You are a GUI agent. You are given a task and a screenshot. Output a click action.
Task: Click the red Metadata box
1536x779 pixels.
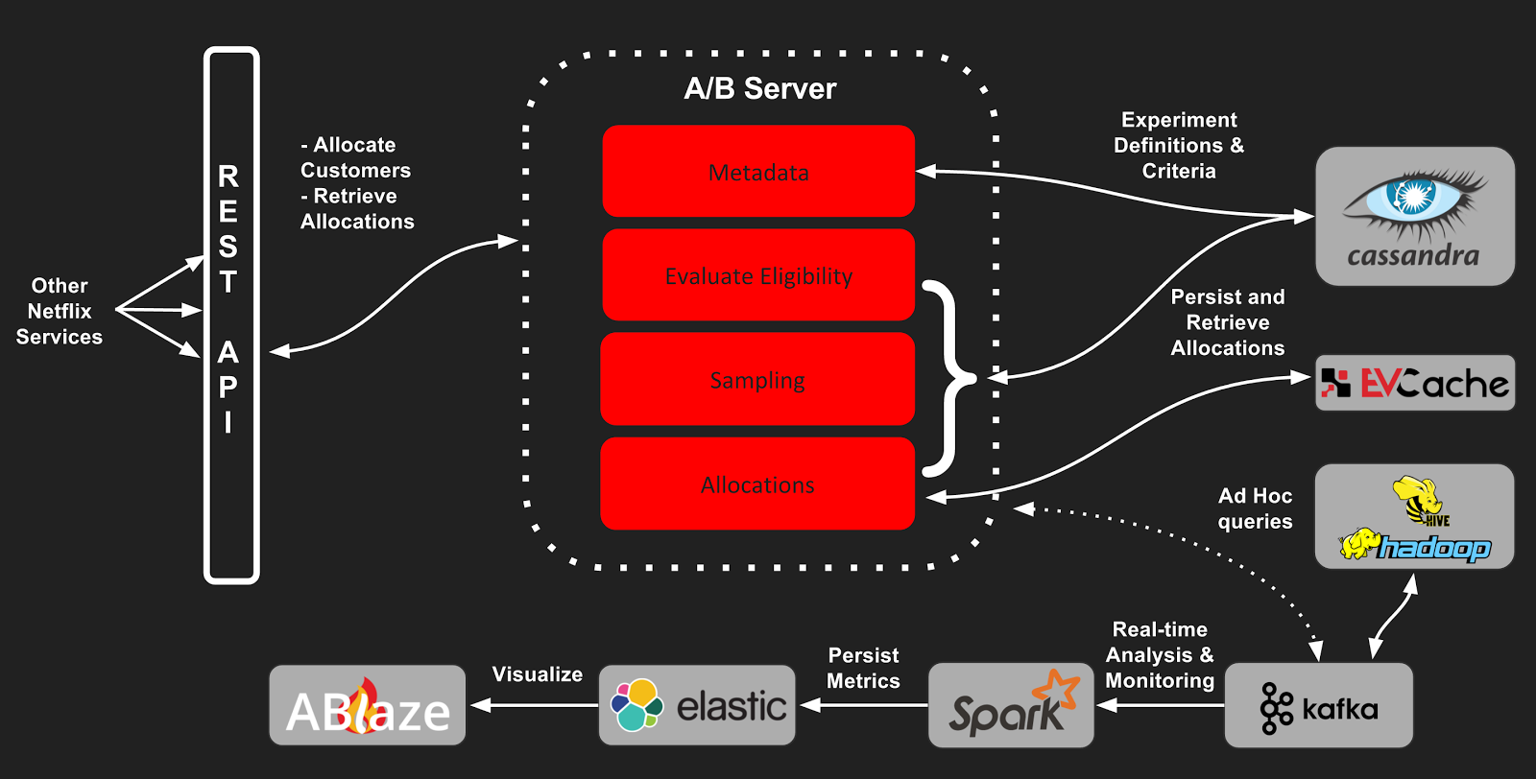click(x=758, y=171)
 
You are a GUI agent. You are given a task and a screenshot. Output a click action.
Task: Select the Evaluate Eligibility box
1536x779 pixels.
click(x=758, y=275)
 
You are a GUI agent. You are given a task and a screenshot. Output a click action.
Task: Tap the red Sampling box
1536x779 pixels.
click(x=757, y=380)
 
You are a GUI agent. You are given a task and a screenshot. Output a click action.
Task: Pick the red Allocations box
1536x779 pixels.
click(x=757, y=484)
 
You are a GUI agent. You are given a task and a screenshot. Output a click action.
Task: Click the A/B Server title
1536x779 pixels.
click(x=759, y=89)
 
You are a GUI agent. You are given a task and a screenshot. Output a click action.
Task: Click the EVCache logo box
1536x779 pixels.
click(x=1414, y=384)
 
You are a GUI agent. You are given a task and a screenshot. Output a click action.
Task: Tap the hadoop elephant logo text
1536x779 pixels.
click(x=1434, y=548)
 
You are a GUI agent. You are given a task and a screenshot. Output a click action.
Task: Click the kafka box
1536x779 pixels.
click(x=1318, y=706)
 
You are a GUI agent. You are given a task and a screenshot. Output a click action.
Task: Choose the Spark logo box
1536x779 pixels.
click(x=1011, y=706)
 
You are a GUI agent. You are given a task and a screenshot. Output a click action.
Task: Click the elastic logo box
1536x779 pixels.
click(x=697, y=706)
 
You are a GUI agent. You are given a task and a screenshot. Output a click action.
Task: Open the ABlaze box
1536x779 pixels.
click(x=368, y=706)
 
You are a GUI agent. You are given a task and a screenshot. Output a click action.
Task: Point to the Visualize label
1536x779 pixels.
click(x=537, y=674)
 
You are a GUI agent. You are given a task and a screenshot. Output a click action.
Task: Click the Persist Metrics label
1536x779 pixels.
click(x=863, y=668)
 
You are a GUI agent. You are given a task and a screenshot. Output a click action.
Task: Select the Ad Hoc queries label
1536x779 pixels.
click(x=1255, y=508)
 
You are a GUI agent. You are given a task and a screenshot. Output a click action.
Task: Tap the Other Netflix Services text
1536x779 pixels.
click(x=60, y=311)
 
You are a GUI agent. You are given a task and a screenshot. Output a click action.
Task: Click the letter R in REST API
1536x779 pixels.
click(x=228, y=177)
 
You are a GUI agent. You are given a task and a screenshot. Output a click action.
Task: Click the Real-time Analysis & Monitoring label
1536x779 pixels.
click(x=1160, y=654)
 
